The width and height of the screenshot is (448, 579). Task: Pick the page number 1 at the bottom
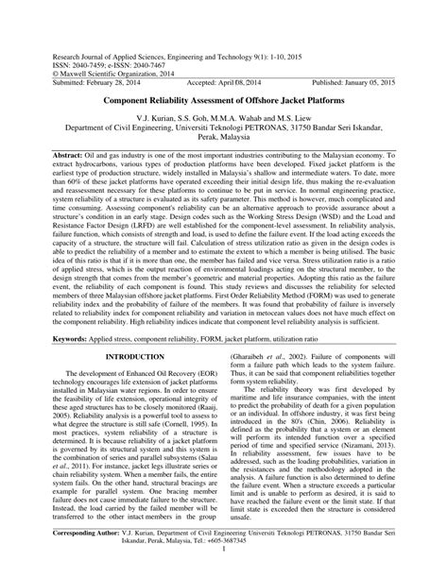(224, 572)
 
